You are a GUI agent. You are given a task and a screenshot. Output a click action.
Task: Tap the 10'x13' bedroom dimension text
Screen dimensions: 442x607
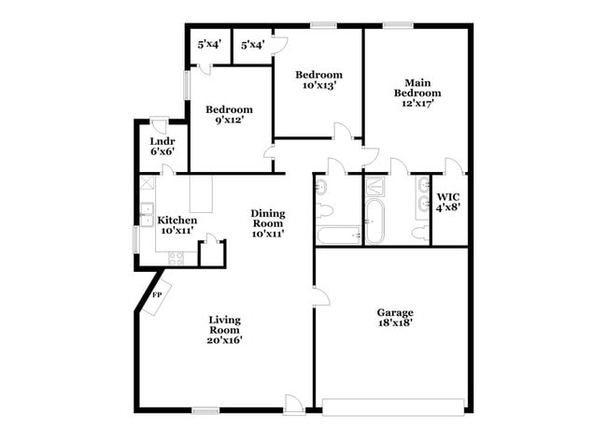(x=318, y=85)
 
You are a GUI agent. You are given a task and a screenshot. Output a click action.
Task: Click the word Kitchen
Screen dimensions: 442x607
(x=176, y=220)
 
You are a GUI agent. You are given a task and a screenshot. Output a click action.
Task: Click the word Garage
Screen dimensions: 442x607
(x=394, y=312)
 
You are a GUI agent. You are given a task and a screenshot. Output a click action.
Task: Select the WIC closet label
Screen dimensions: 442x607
(x=448, y=197)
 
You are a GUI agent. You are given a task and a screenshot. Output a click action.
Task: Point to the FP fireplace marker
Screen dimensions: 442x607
(x=157, y=294)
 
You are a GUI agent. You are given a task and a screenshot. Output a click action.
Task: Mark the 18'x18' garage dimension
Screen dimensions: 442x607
(x=394, y=322)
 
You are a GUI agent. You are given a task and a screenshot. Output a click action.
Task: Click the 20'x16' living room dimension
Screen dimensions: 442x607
(x=224, y=340)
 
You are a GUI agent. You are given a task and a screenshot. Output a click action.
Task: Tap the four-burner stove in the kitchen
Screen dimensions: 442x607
(x=176, y=257)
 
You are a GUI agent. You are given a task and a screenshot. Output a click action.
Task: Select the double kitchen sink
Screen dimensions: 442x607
(x=147, y=214)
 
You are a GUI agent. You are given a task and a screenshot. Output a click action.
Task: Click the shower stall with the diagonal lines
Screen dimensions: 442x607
(x=376, y=186)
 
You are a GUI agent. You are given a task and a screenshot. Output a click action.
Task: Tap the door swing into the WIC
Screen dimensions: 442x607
(x=454, y=167)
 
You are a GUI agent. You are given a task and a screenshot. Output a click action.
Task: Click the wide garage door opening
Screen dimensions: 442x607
(x=393, y=406)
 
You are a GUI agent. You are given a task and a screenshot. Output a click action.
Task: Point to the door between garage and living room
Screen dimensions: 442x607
(x=319, y=297)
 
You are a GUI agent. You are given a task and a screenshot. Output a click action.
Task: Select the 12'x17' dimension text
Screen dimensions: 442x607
(x=416, y=103)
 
